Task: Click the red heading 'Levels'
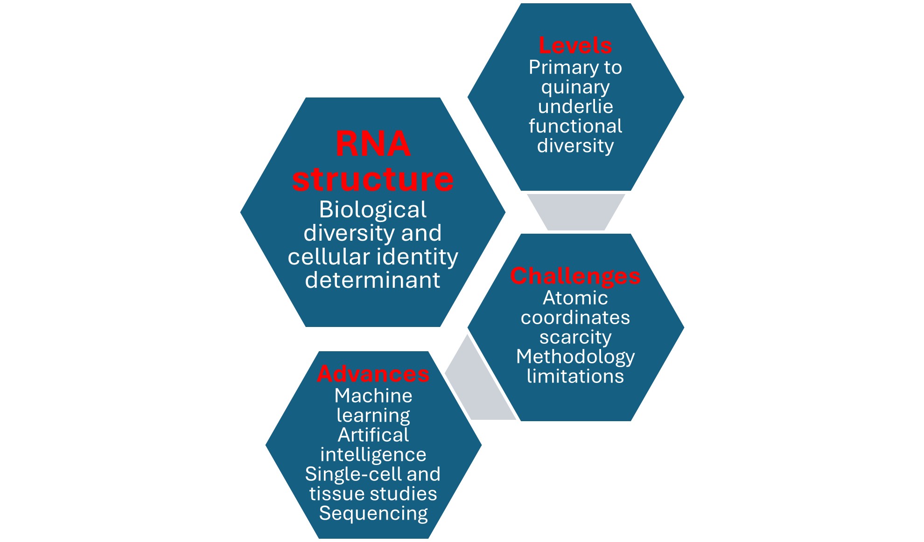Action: [575, 46]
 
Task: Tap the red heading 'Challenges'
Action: [575, 276]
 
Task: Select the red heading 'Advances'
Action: [373, 374]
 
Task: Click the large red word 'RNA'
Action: [373, 144]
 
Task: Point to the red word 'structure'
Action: [373, 179]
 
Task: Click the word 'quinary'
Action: [575, 87]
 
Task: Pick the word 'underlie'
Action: [575, 106]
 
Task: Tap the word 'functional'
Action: [575, 126]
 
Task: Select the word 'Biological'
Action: [372, 209]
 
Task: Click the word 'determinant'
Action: [372, 280]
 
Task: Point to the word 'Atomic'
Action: [575, 298]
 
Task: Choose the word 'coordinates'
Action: [575, 317]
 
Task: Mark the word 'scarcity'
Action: [575, 337]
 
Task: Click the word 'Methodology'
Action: [575, 357]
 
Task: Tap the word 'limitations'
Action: [575, 376]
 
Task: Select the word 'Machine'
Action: [373, 396]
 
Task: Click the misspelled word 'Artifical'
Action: [373, 435]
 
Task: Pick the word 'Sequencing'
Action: [373, 513]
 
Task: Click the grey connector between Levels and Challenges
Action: [576, 212]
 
